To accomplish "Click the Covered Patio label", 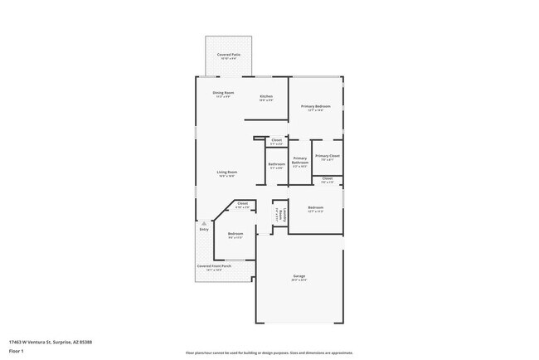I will pyautogui.click(x=229, y=56).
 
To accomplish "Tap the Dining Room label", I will pyautogui.click(x=223, y=94).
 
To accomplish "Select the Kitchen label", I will pyautogui.click(x=266, y=98).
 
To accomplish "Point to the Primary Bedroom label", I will pyautogui.click(x=315, y=108).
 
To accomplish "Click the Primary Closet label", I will pyautogui.click(x=328, y=157).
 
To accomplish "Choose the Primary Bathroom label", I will pyautogui.click(x=300, y=162).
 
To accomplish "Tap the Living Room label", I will pyautogui.click(x=227, y=173).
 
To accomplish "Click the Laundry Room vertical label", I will pyautogui.click(x=280, y=214).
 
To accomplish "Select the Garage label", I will pyautogui.click(x=299, y=277).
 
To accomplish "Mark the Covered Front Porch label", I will pyautogui.click(x=214, y=267).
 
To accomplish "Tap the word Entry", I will pyautogui.click(x=204, y=229).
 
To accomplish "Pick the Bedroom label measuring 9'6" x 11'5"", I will pyautogui.click(x=235, y=236).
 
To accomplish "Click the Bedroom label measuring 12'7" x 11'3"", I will pyautogui.click(x=315, y=208).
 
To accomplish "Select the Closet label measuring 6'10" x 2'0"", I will pyautogui.click(x=242, y=205).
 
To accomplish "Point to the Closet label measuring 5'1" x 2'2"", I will pyautogui.click(x=277, y=142).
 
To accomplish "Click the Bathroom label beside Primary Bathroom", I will pyautogui.click(x=277, y=165).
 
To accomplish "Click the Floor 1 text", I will pyautogui.click(x=17, y=351).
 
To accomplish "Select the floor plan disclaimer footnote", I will pyautogui.click(x=269, y=353).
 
